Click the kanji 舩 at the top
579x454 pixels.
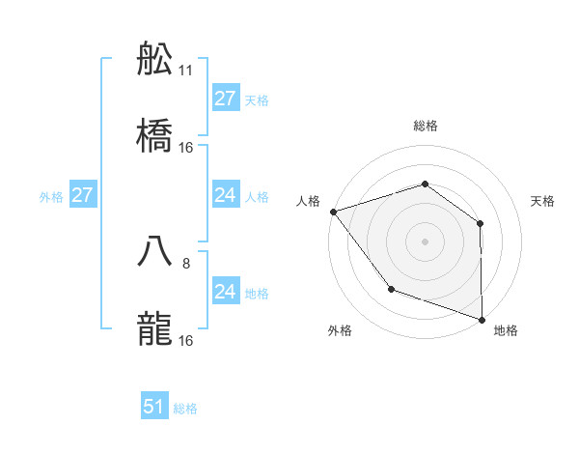tap(154, 60)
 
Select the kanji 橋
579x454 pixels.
tap(154, 137)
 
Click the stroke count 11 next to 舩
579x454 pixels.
tap(186, 71)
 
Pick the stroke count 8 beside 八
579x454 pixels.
tap(186, 263)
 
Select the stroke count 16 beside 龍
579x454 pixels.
tap(186, 340)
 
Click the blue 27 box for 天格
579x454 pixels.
tap(225, 99)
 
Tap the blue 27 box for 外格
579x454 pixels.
tap(82, 195)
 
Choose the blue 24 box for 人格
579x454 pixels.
tap(225, 195)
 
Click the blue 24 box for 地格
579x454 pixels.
tap(225, 292)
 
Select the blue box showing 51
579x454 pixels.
tap(154, 407)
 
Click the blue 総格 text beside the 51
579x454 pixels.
tap(185, 409)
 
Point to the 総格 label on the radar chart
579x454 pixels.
tap(425, 126)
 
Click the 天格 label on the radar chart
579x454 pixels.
tap(543, 201)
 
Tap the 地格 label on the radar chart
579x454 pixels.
tap(506, 330)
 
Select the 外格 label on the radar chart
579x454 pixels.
tap(340, 330)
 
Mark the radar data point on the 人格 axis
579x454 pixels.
tap(333, 211)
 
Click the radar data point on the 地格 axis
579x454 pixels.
tap(482, 319)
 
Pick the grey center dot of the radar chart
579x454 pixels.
tap(425, 241)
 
